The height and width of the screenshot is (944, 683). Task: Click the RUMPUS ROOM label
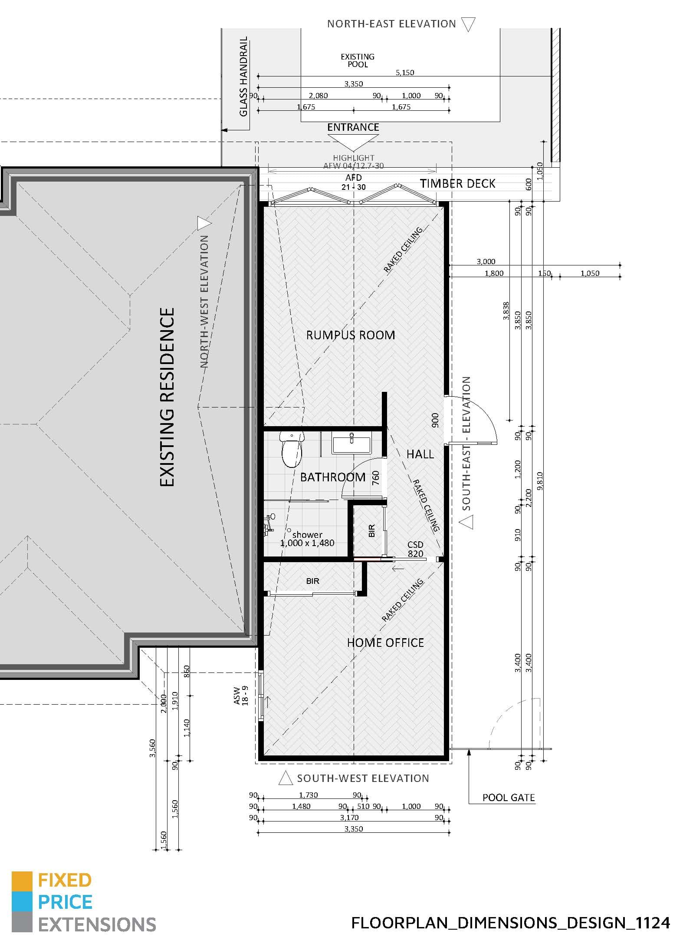click(x=351, y=335)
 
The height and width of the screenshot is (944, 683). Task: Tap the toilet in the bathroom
click(x=291, y=449)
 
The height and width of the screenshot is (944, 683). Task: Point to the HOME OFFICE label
click(x=385, y=643)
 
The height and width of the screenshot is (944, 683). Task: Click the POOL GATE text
click(x=509, y=798)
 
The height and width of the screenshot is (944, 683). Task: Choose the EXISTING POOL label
click(x=358, y=60)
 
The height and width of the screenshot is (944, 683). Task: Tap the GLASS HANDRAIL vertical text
click(x=243, y=76)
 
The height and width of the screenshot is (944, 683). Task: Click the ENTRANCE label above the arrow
click(x=353, y=127)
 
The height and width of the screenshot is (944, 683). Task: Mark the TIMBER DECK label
click(x=457, y=184)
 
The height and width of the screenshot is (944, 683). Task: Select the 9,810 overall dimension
click(x=540, y=481)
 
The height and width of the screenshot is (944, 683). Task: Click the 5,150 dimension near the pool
click(x=405, y=73)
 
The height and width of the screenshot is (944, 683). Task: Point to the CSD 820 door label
click(x=415, y=549)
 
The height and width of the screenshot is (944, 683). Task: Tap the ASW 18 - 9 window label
click(x=240, y=696)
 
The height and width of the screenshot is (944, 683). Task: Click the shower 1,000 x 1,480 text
click(x=307, y=539)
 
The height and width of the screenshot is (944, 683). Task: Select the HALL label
click(x=420, y=454)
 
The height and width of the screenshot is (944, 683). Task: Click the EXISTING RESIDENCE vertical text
click(x=167, y=397)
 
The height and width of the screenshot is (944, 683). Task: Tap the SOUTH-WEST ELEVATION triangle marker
click(x=285, y=778)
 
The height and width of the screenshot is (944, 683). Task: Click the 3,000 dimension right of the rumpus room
click(x=486, y=262)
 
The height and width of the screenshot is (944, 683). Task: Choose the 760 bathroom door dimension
click(x=376, y=477)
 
